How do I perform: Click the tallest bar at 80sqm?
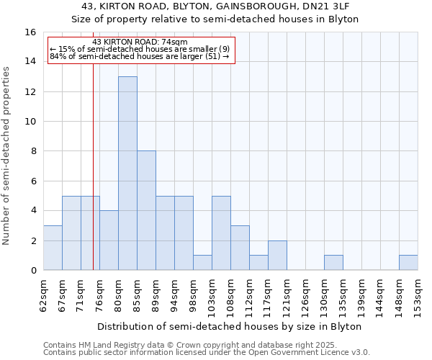tap(127, 173)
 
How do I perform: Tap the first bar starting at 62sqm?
tap(53, 248)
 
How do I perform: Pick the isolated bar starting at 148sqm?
tap(408, 263)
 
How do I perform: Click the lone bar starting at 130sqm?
tap(333, 263)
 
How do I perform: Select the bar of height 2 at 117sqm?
tap(277, 256)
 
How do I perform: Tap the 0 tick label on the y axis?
tap(33, 271)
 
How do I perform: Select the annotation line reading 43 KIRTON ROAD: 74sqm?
tap(140, 42)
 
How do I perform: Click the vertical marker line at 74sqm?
tap(93, 180)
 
